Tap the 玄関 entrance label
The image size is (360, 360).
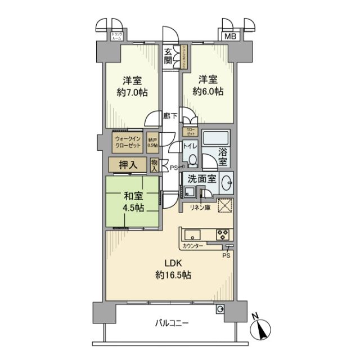(168, 56)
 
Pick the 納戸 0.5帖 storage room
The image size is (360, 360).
(152, 142)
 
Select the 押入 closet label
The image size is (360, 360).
(129, 165)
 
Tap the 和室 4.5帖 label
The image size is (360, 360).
(133, 202)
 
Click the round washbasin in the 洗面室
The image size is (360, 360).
(227, 184)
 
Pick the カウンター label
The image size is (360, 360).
(192, 246)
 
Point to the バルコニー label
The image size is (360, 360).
(172, 323)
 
